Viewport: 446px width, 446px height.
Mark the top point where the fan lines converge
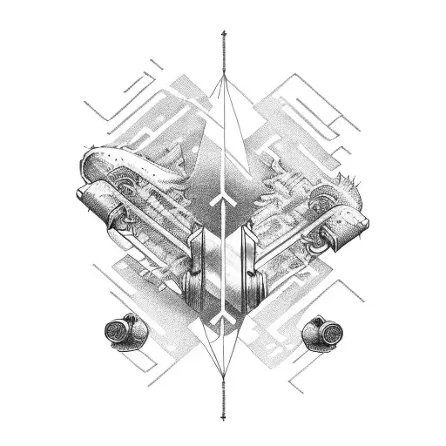[223, 77]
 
